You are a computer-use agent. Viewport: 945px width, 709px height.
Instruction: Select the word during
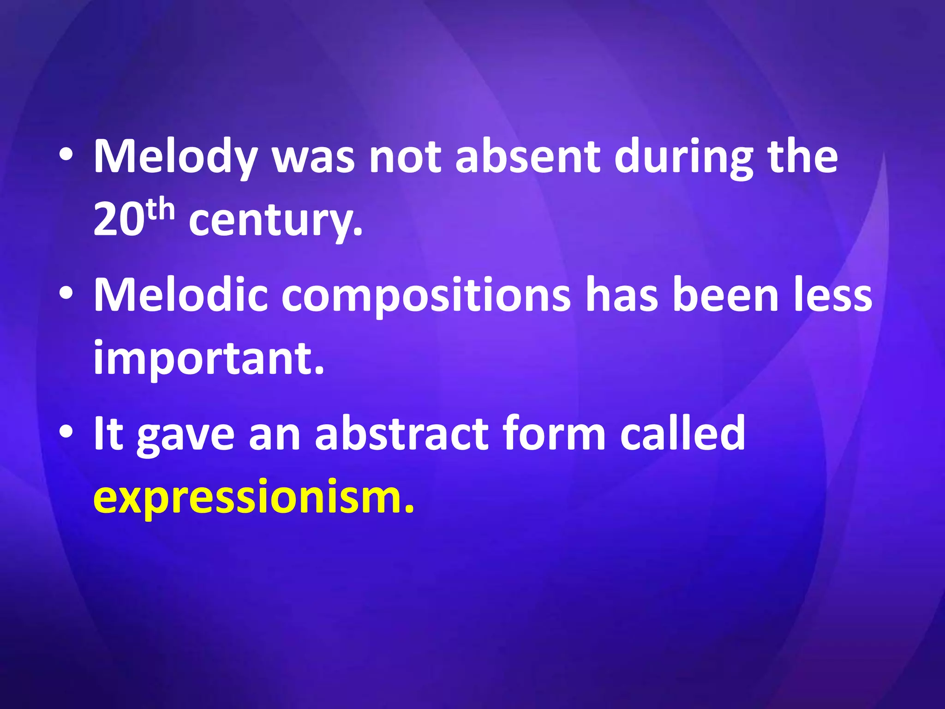683,157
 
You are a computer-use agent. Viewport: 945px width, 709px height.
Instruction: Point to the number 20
117,220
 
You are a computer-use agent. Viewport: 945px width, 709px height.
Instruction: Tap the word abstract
401,434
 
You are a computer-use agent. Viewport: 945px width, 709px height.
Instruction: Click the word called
683,434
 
